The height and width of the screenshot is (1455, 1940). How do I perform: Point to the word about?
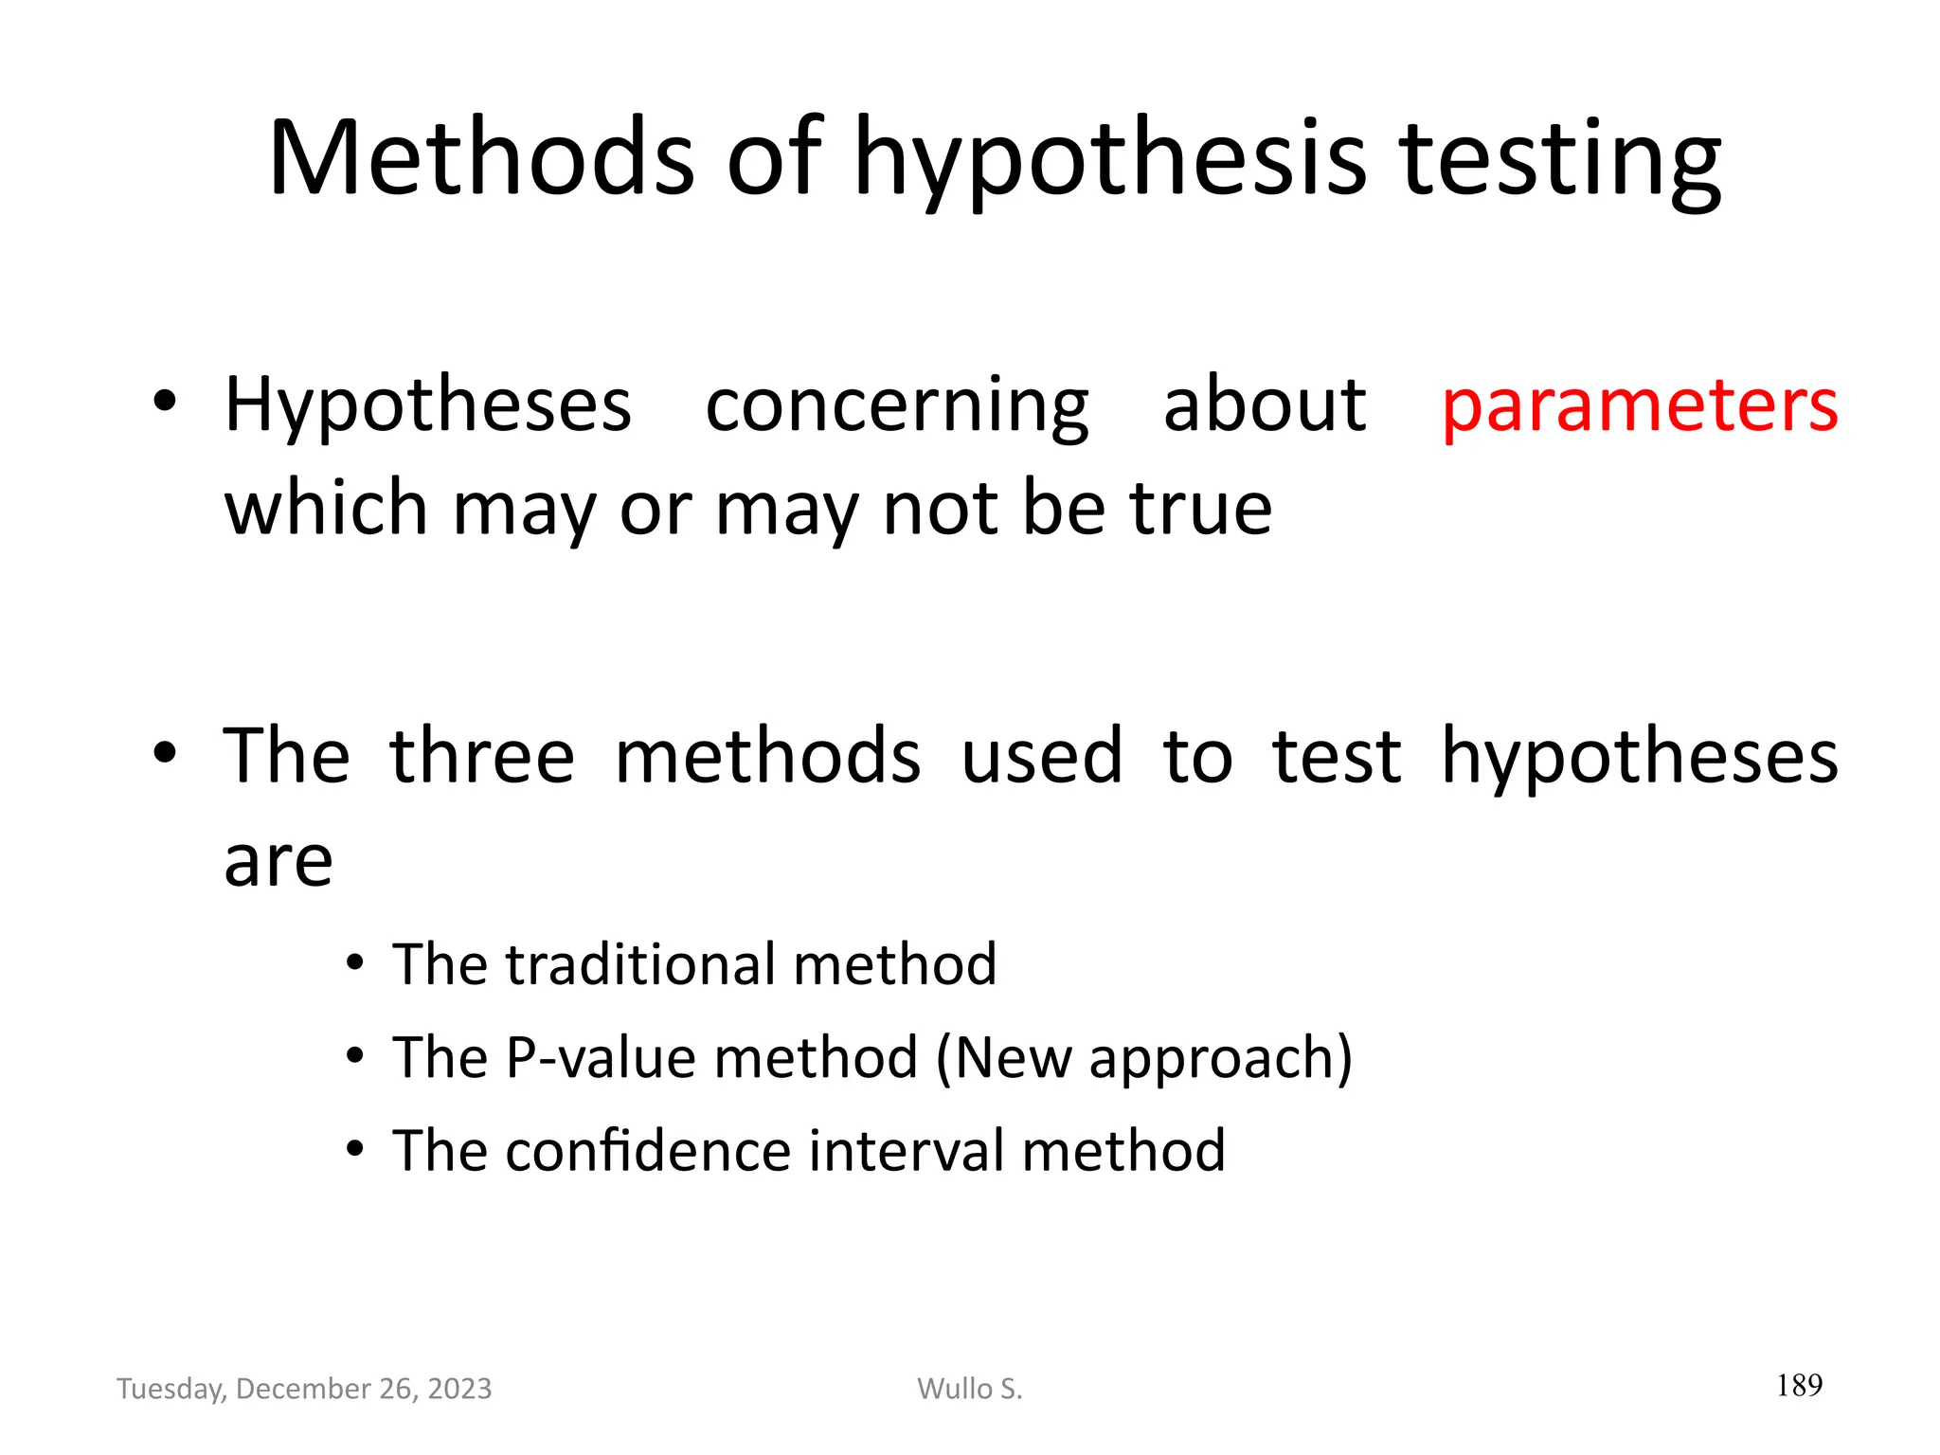point(1265,405)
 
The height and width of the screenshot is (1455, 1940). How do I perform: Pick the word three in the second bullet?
point(481,757)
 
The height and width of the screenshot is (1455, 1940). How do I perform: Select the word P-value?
point(601,1057)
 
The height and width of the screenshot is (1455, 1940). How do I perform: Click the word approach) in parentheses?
point(1220,1059)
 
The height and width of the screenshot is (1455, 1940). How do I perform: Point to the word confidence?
point(648,1151)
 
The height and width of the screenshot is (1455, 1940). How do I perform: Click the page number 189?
point(1799,1386)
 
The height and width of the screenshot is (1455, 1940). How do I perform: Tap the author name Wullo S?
point(970,1389)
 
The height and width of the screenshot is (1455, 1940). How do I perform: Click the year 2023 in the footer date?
point(459,1389)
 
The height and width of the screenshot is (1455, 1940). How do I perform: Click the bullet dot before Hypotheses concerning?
point(165,402)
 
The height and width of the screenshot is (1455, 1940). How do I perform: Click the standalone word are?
point(278,862)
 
